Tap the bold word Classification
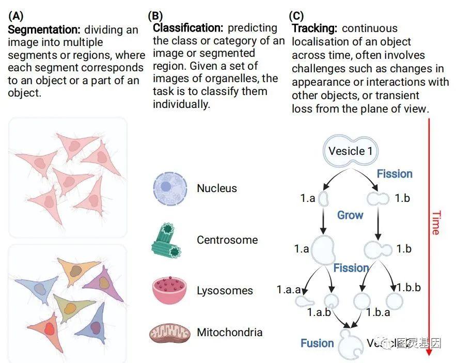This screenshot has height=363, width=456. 188,28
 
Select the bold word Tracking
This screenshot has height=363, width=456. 315,28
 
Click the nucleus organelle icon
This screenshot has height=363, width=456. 169,188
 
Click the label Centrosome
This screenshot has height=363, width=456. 227,240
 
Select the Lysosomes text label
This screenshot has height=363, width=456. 225,291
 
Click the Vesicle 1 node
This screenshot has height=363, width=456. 351,151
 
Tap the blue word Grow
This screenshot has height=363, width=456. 350,215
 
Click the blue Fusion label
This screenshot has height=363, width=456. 317,343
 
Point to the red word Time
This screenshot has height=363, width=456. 435,223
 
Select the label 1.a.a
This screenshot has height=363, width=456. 289,290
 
